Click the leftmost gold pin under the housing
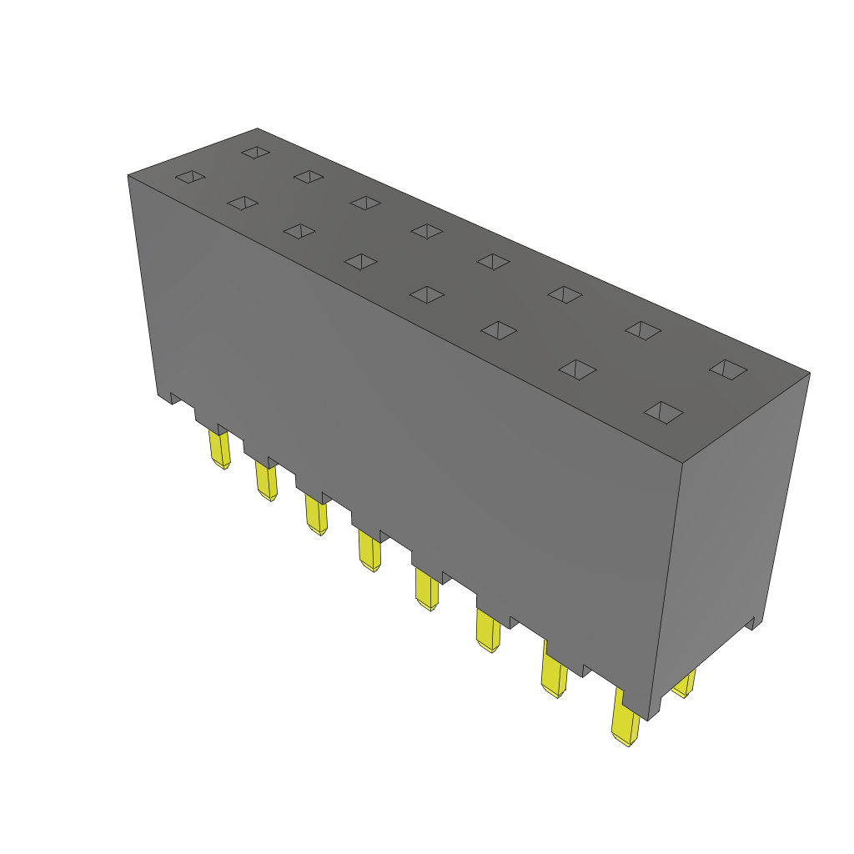coord(220,450)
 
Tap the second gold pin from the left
coord(267,482)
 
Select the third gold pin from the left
coord(316,515)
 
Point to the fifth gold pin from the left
coord(426,590)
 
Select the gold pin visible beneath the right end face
coord(685,686)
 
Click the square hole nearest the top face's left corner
coord(190,177)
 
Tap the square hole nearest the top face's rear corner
coord(256,153)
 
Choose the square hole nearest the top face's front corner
coord(665,412)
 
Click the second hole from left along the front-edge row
coord(243,203)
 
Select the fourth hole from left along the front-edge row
coord(361,262)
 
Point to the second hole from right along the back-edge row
coord(643,330)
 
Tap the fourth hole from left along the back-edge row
coord(426,231)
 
